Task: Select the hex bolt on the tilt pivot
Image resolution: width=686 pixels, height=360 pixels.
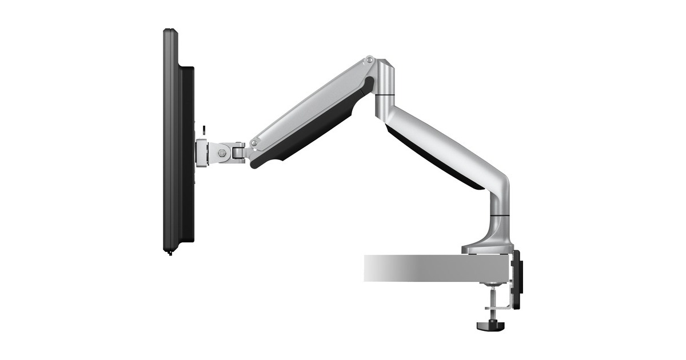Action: (222, 153)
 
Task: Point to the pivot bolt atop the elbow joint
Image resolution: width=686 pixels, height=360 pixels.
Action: (370, 59)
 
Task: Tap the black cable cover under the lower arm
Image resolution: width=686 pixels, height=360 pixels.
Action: (434, 160)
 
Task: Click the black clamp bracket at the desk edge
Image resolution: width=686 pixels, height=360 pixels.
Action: (517, 280)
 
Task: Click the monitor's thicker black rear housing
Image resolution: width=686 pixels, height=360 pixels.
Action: (187, 154)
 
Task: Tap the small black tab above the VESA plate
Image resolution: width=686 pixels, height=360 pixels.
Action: (204, 129)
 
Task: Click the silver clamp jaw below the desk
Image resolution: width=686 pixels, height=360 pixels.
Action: (501, 309)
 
